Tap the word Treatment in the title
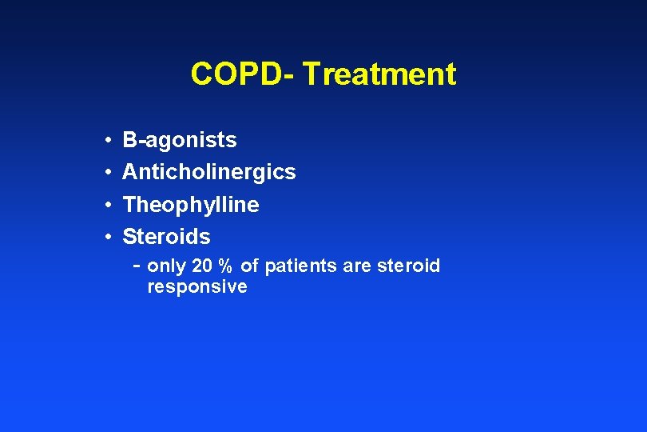(379, 74)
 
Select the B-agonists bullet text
(180, 140)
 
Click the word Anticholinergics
(209, 172)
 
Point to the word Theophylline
(191, 205)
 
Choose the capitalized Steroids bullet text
(166, 237)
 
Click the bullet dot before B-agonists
(108, 141)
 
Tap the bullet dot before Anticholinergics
(108, 173)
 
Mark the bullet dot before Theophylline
(108, 206)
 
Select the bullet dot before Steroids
(108, 238)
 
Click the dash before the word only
(137, 265)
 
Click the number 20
(202, 266)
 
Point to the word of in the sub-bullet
(250, 266)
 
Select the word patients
(301, 266)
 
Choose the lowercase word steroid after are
(407, 266)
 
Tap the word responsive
(197, 287)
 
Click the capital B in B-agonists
(129, 140)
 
